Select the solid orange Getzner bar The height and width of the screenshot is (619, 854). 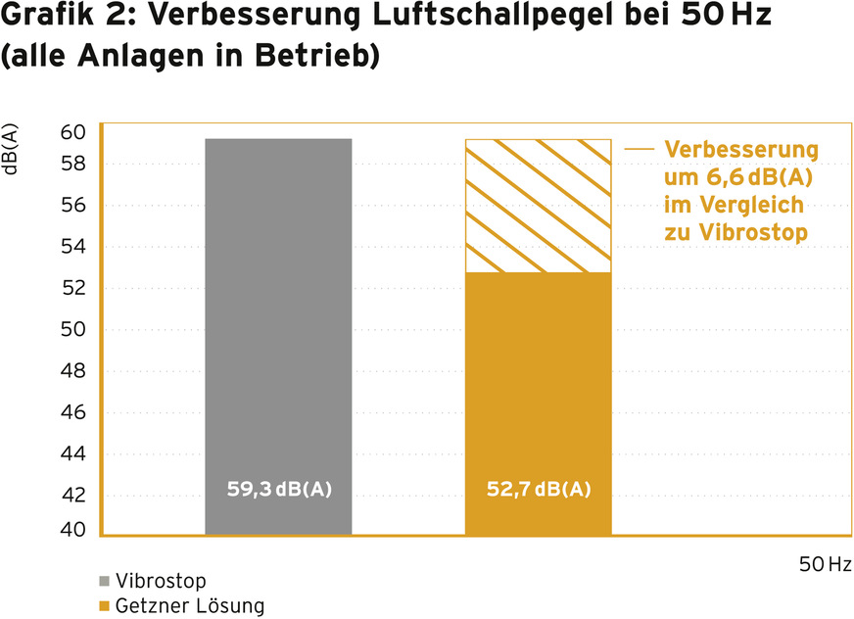click(538, 392)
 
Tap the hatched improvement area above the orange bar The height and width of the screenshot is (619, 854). click(538, 206)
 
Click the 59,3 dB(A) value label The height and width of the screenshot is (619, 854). click(279, 489)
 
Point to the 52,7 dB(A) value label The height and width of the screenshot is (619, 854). click(539, 489)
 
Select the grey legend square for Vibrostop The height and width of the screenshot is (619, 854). click(105, 581)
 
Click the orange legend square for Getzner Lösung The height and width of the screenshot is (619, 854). click(105, 606)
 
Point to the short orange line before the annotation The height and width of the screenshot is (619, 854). click(640, 150)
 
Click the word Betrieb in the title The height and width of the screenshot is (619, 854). click(325, 57)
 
